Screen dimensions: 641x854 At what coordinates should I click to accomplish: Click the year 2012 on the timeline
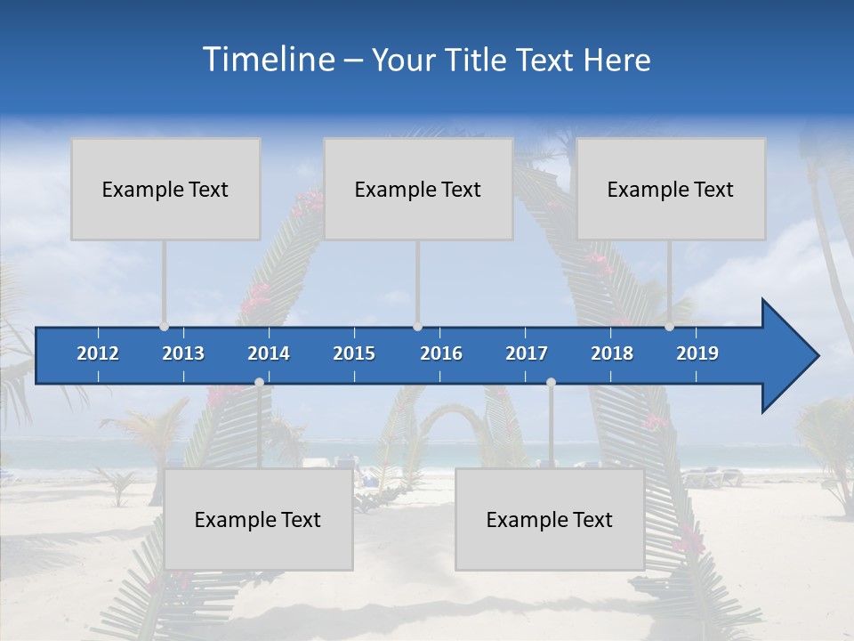[x=98, y=353]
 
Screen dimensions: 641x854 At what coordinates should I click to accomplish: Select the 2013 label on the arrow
[x=183, y=353]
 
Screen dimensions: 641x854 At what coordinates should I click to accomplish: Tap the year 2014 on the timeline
[x=269, y=353]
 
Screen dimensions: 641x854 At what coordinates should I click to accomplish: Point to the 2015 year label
[x=354, y=353]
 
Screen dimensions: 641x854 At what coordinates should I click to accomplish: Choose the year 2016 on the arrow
[x=441, y=353]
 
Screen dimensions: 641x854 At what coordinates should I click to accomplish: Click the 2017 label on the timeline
[x=527, y=353]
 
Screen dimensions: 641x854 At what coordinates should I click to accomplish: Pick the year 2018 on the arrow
[x=612, y=353]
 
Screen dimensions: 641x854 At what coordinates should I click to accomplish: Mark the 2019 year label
[x=697, y=353]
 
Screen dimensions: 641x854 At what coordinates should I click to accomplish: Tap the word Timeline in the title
[x=268, y=60]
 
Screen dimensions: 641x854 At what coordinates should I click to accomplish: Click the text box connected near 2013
[x=165, y=189]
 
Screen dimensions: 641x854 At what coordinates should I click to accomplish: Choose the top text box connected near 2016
[x=418, y=189]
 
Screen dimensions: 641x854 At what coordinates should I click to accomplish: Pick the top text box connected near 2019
[x=671, y=189]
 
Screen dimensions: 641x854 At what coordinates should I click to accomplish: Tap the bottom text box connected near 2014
[x=258, y=519]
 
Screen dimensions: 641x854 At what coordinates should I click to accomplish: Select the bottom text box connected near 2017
[x=550, y=519]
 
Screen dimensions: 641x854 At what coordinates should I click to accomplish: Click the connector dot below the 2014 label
[x=259, y=382]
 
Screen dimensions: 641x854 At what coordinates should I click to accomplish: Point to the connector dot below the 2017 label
[x=551, y=382]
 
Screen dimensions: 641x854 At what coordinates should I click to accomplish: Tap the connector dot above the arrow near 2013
[x=164, y=327]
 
